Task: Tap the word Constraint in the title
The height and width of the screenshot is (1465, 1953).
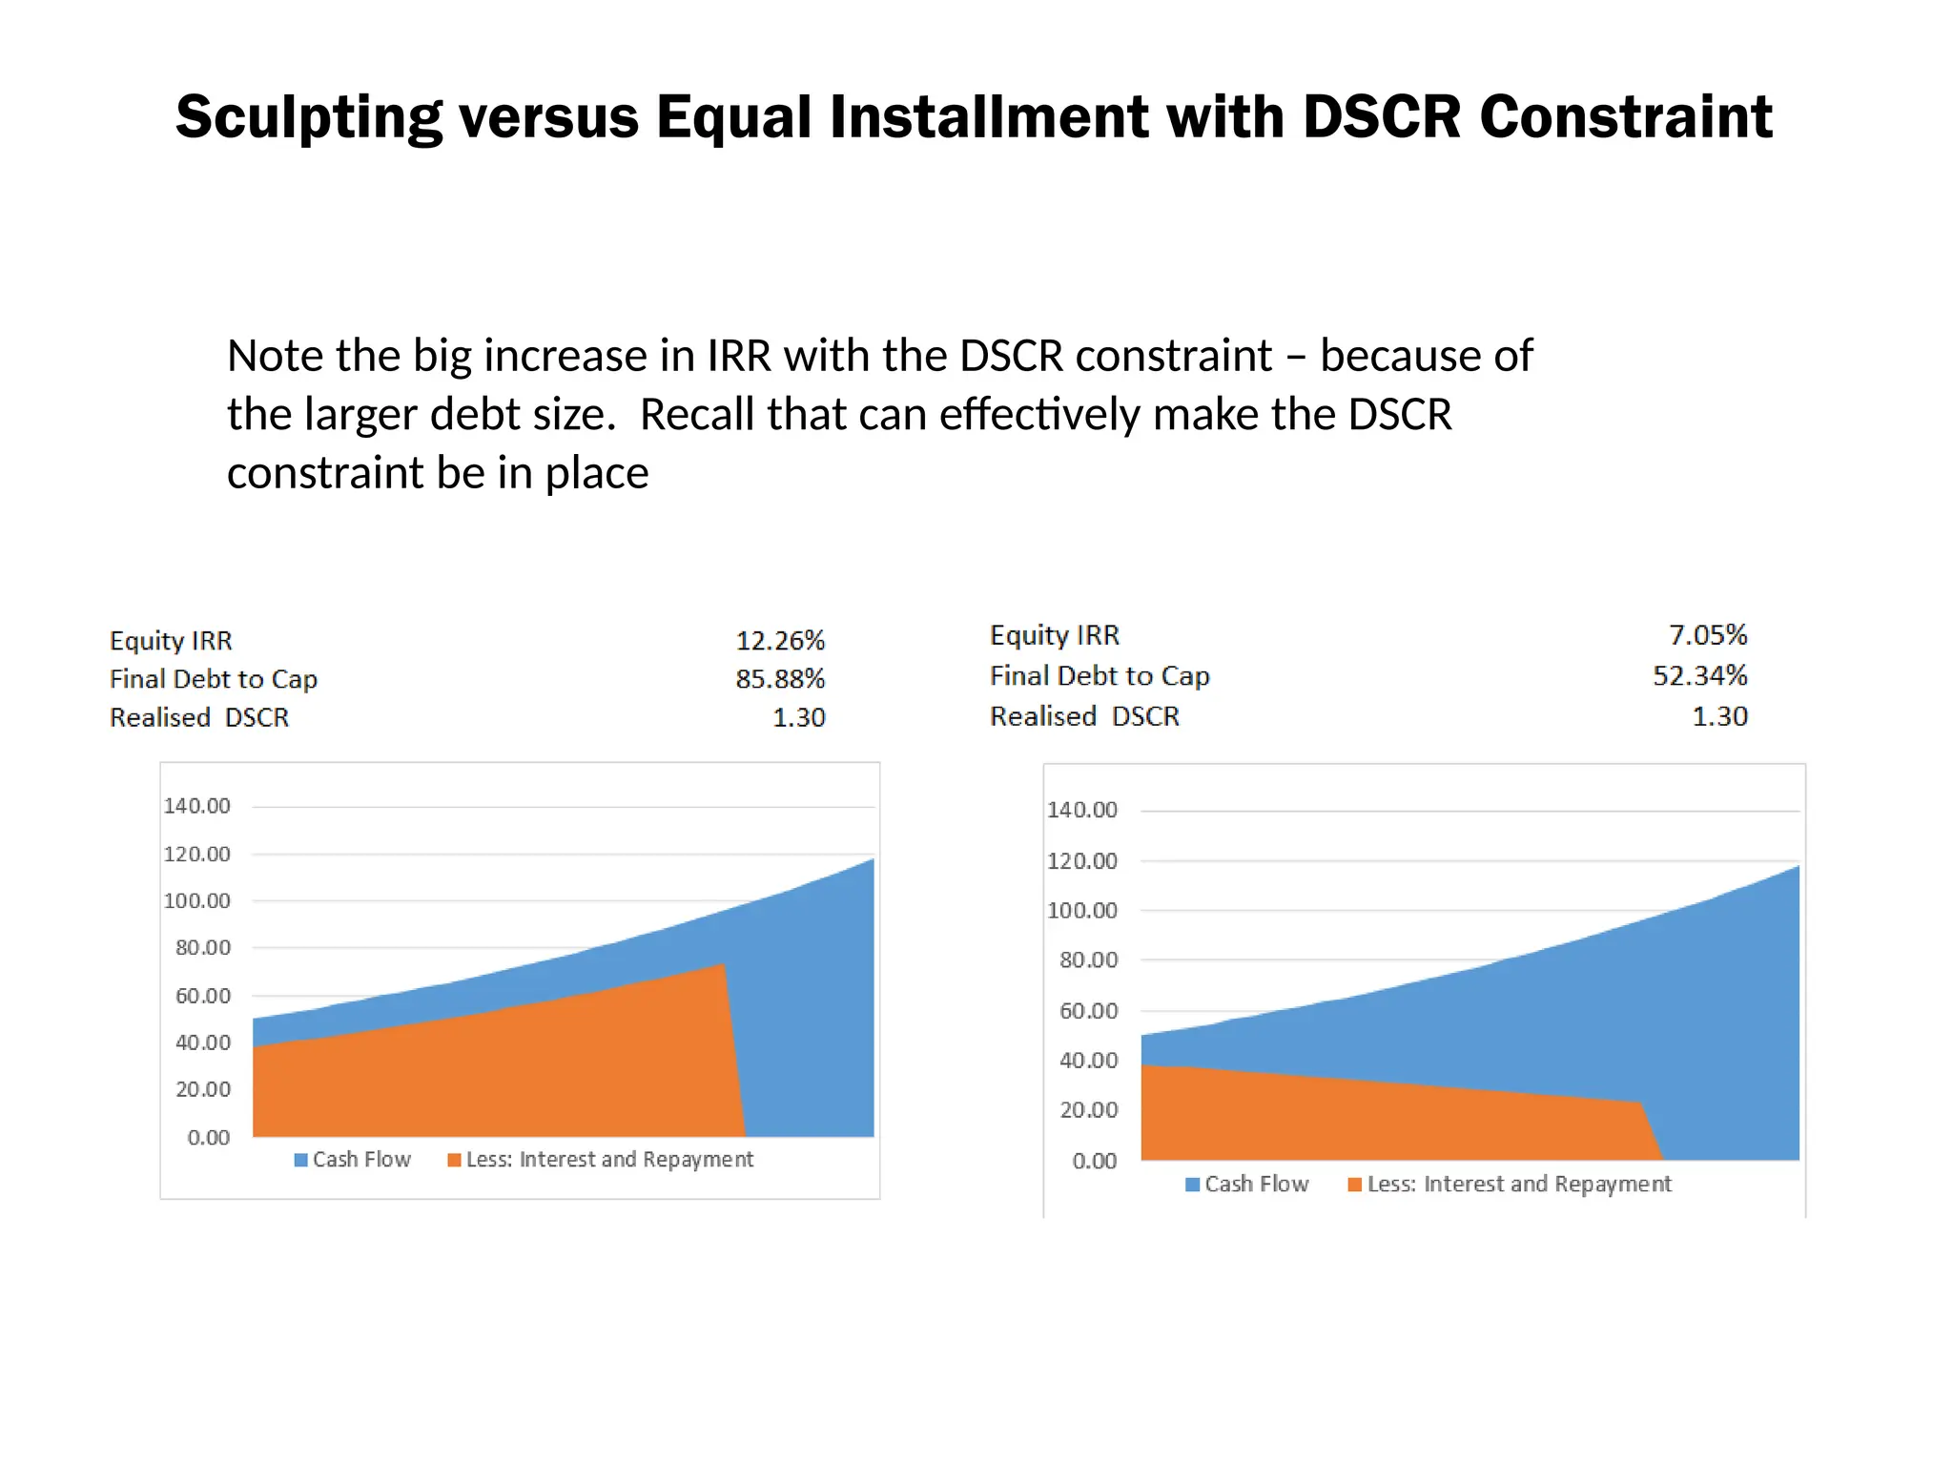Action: (x=1625, y=118)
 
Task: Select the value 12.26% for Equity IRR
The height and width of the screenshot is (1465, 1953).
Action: (x=779, y=641)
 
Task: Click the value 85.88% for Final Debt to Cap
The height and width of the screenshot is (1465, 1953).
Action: (x=779, y=679)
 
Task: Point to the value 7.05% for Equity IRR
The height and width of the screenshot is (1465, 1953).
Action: (x=1707, y=635)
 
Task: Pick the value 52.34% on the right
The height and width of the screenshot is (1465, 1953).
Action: (x=1699, y=676)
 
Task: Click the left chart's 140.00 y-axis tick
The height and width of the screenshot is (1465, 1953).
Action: (x=196, y=807)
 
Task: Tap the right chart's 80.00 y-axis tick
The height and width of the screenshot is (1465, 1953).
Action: (x=1088, y=960)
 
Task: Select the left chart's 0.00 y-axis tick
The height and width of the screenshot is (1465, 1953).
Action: (x=208, y=1138)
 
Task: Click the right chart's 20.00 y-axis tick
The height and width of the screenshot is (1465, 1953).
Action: (x=1088, y=1110)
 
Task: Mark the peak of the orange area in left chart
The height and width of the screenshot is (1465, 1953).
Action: (x=724, y=965)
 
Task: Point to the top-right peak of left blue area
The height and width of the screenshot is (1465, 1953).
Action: (x=872, y=860)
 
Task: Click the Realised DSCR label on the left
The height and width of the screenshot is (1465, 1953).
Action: (x=198, y=717)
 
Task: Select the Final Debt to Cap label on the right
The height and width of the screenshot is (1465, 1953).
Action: (x=1099, y=676)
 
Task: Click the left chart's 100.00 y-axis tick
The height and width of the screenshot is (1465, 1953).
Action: (x=196, y=901)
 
